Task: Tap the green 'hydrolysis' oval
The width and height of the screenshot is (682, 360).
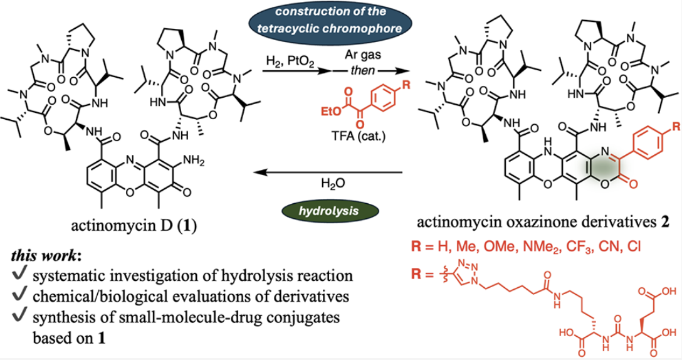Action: [x=328, y=211]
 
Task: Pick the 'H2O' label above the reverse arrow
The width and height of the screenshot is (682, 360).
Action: [x=333, y=184]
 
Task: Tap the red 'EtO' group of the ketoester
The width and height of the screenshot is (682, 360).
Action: [x=332, y=112]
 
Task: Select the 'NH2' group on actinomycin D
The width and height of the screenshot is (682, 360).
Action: [x=193, y=161]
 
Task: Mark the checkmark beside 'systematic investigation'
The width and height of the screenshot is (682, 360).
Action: [x=19, y=274]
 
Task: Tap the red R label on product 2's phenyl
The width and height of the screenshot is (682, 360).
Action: [x=676, y=127]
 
